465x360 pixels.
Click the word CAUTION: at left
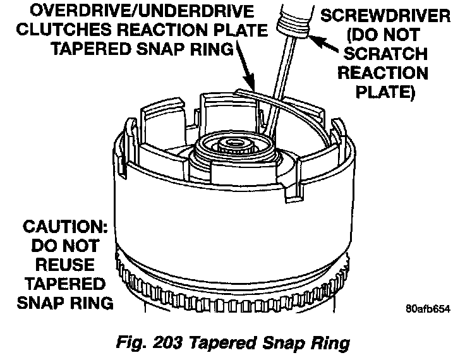tap(63, 225)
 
